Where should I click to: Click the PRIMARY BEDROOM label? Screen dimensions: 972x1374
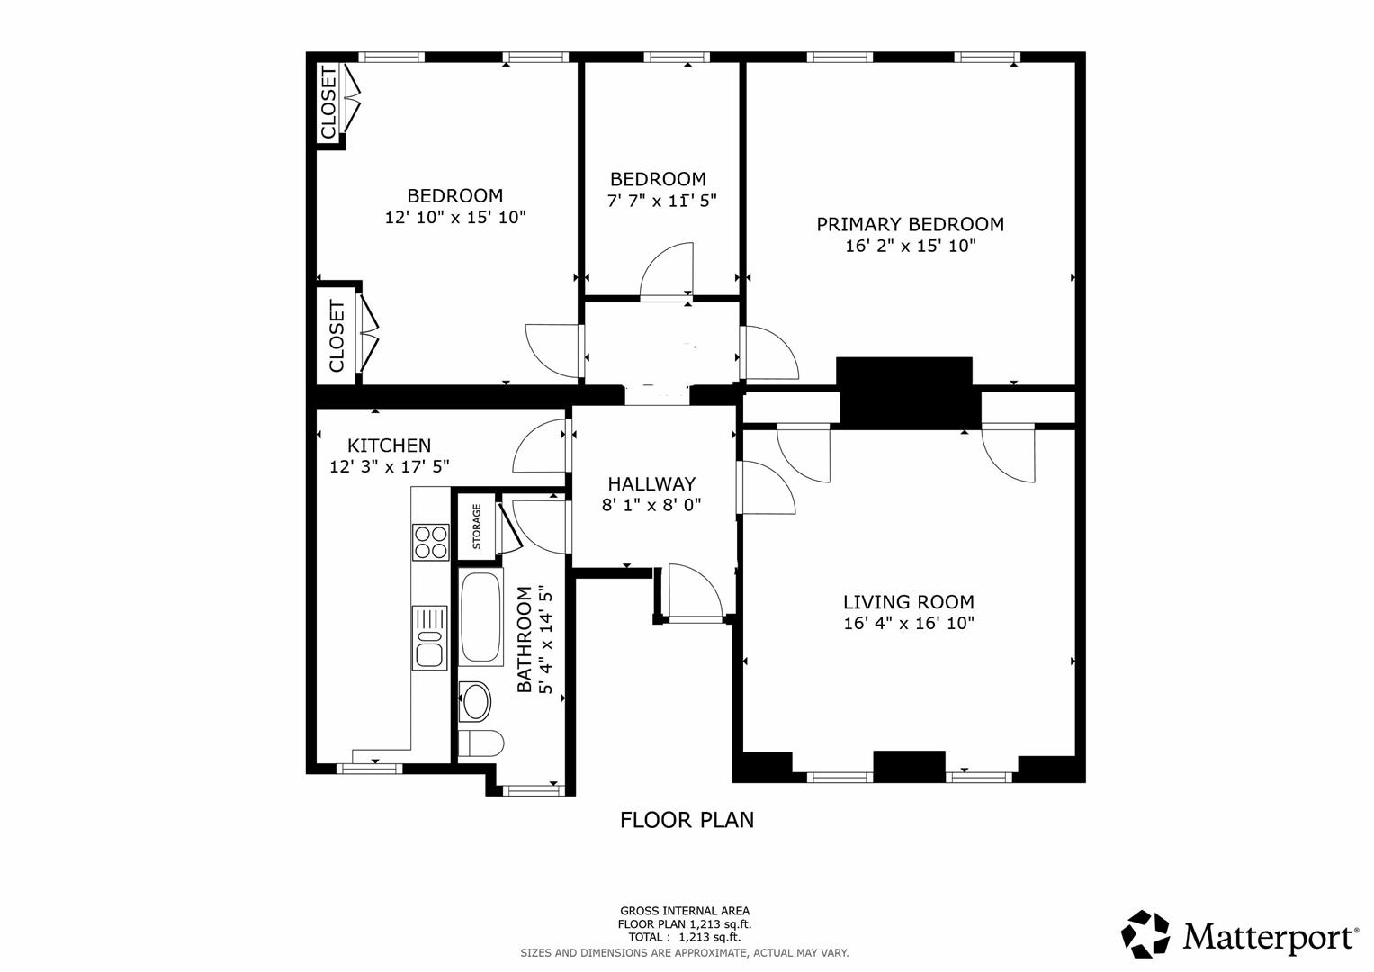point(910,224)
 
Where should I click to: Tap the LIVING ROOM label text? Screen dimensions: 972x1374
point(908,602)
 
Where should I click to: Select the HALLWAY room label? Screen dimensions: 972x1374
point(651,484)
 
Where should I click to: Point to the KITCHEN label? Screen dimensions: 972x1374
point(389,445)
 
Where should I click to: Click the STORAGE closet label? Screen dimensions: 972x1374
point(477,526)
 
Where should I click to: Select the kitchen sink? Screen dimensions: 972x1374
point(429,637)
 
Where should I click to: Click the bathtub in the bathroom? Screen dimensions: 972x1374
point(481,618)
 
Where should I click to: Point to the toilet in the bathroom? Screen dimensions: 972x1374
point(480,743)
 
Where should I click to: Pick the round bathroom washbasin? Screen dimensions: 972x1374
point(475,701)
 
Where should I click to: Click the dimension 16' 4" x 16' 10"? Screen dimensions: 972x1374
point(908,623)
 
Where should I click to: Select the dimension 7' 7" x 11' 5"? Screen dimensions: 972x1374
point(661,201)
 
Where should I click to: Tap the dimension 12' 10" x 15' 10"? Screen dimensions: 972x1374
point(454,217)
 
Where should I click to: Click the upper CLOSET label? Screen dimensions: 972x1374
point(328,103)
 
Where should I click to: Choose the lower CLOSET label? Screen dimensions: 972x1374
point(337,337)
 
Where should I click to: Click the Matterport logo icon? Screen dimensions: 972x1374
point(1145,934)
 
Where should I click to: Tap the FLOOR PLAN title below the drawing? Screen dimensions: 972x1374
point(687,820)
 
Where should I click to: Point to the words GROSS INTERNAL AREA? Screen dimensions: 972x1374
point(684,911)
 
